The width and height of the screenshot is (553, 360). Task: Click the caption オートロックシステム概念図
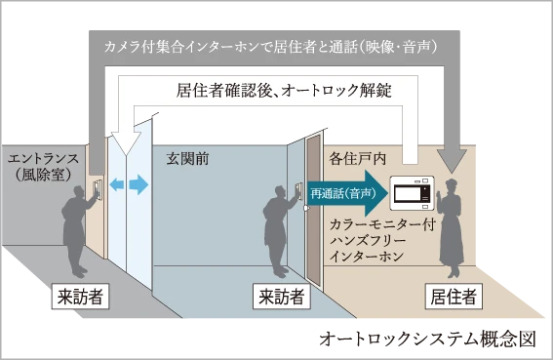[427, 340]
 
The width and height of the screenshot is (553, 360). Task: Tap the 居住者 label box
[454, 297]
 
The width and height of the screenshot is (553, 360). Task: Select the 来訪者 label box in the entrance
[80, 297]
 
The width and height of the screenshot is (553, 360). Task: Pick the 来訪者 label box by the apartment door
[282, 297]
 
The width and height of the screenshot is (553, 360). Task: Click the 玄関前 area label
[187, 159]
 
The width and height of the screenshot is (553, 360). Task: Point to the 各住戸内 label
[358, 159]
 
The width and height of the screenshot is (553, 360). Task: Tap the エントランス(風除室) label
[43, 166]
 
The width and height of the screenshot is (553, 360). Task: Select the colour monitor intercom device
[412, 193]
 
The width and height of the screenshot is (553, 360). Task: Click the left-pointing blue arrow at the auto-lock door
[117, 183]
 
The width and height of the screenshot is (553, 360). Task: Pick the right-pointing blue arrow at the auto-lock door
[138, 184]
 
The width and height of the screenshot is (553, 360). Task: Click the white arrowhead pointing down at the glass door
[126, 143]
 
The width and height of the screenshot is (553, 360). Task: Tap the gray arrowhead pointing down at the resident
[452, 161]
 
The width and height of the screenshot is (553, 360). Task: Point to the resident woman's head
[452, 186]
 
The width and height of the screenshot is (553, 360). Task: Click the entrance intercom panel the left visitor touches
[98, 189]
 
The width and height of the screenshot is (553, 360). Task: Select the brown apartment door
[313, 209]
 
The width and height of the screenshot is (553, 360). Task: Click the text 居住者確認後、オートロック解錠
[284, 91]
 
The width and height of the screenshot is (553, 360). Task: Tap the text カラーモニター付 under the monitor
[382, 224]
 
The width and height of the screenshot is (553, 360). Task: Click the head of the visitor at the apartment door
[281, 193]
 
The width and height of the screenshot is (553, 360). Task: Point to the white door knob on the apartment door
[306, 208]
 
